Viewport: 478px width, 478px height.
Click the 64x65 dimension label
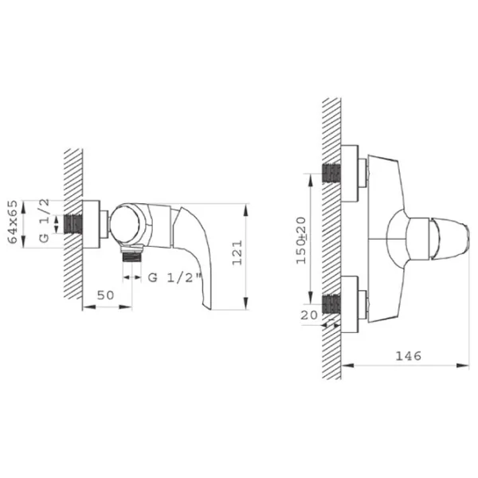[13, 221]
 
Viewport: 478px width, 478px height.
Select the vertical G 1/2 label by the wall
[44, 220]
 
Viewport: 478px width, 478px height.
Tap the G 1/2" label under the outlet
[175, 278]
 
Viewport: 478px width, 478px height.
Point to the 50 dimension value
[105, 295]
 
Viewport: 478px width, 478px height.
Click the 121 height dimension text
[237, 253]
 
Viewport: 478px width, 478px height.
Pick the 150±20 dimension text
[301, 240]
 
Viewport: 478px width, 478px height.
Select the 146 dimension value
[408, 355]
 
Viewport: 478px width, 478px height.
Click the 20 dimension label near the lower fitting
[309, 315]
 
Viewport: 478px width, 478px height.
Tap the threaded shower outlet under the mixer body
[132, 254]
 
